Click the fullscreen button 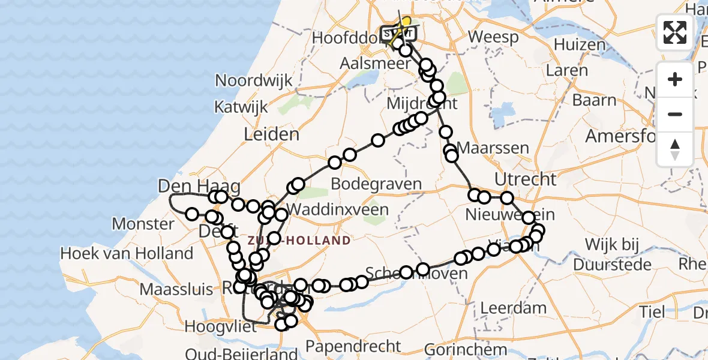(x=675, y=32)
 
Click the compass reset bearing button (x=675, y=149)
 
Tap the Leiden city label (x=271, y=134)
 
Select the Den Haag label (x=191, y=187)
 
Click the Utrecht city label (x=525, y=179)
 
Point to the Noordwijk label (x=254, y=80)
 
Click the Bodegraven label (x=376, y=184)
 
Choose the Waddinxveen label (x=337, y=210)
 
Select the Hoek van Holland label (x=127, y=254)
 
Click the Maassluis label (x=176, y=289)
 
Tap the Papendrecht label (x=353, y=346)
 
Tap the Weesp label (x=493, y=37)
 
